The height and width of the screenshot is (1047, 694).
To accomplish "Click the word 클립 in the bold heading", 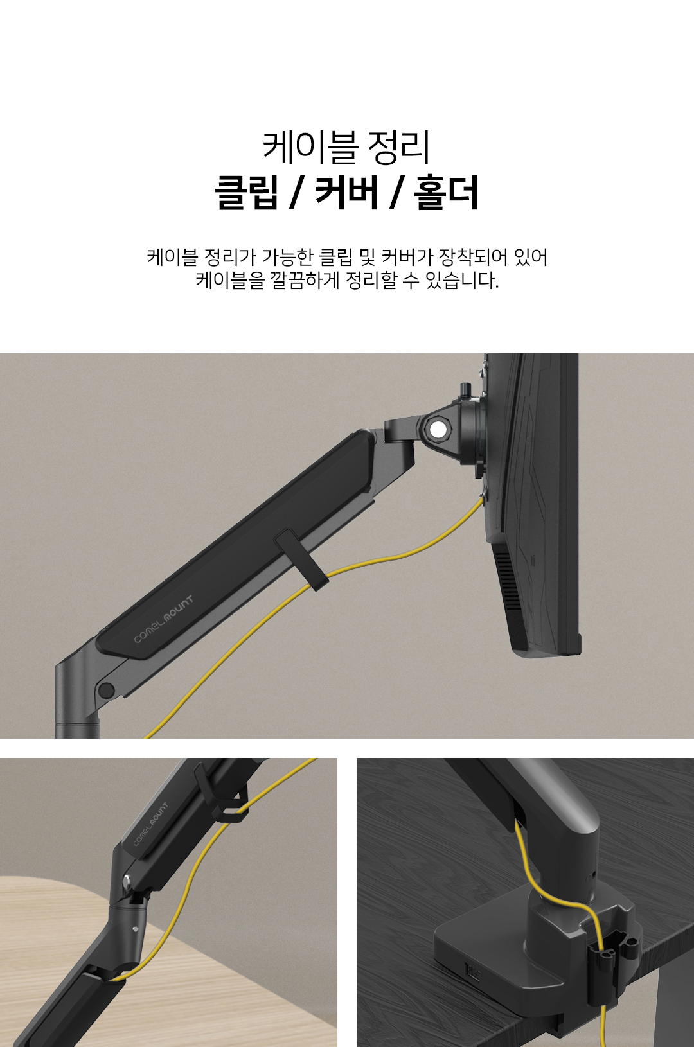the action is (x=245, y=192).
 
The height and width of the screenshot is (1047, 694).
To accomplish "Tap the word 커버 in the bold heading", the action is (x=346, y=192).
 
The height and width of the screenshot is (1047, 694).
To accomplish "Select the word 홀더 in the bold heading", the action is (x=447, y=192).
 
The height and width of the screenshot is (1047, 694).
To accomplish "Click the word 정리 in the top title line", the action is (x=398, y=147).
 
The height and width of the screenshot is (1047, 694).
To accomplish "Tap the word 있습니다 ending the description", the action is (x=462, y=281).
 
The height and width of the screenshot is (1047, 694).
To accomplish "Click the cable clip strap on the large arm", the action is (x=303, y=560).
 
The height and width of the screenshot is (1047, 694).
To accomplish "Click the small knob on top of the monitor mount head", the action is (x=465, y=389).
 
